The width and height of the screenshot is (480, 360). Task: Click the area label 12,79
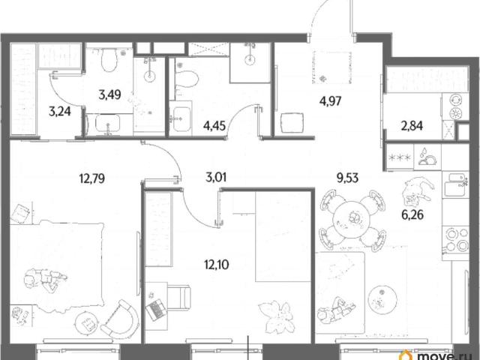pyautogui.click(x=91, y=178)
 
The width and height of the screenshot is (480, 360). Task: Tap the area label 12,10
pyautogui.click(x=217, y=264)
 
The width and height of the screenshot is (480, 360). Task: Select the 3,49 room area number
pyautogui.click(x=109, y=94)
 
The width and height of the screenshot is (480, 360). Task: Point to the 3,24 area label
pyautogui.click(x=60, y=111)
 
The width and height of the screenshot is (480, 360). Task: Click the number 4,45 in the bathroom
pyautogui.click(x=214, y=125)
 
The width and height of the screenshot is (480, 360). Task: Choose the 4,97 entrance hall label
pyautogui.click(x=330, y=100)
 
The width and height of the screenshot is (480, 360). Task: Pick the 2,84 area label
pyautogui.click(x=412, y=125)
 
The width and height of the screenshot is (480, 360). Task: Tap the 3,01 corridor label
pyautogui.click(x=216, y=177)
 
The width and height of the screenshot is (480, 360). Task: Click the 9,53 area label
pyautogui.click(x=347, y=178)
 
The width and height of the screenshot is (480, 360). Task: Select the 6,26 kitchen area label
pyautogui.click(x=412, y=214)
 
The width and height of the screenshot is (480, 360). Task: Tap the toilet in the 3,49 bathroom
pyautogui.click(x=109, y=60)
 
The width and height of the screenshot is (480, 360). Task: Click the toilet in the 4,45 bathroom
pyautogui.click(x=186, y=79)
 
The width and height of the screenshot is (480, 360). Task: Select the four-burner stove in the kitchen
pyautogui.click(x=455, y=239)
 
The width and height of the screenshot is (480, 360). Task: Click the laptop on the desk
pyautogui.click(x=156, y=310)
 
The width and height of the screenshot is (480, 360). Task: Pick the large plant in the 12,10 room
pyautogui.click(x=277, y=317)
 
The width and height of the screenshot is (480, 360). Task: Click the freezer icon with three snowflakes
pyautogui.click(x=399, y=157)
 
